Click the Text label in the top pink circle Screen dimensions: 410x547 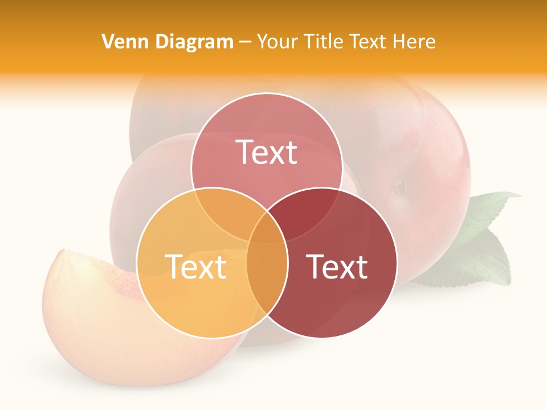267,152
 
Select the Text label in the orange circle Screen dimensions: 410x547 195,266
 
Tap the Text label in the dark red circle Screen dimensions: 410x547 337,266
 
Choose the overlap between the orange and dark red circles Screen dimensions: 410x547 267,279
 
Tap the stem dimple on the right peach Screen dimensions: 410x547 401,186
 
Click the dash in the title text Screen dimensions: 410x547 245,42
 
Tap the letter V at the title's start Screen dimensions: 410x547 107,42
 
